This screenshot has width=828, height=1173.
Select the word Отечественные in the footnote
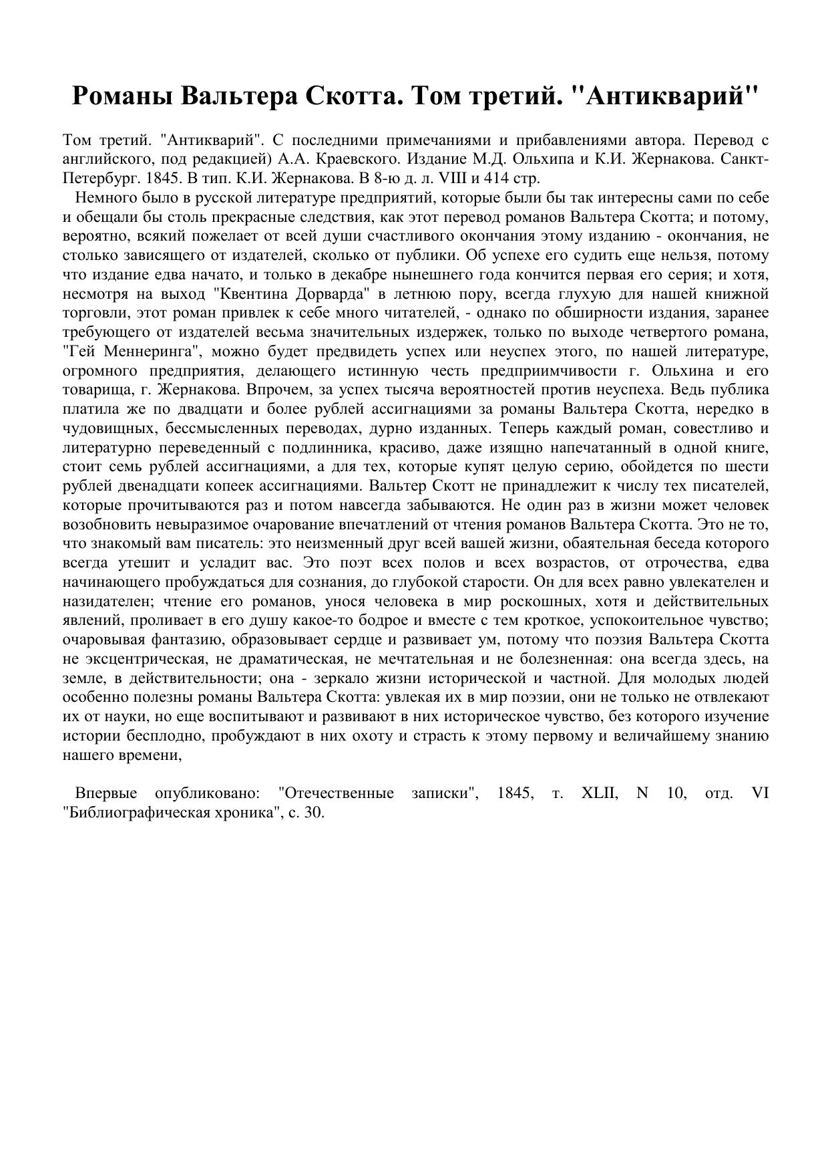(335, 794)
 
